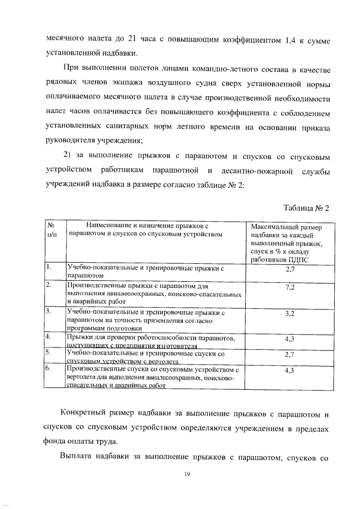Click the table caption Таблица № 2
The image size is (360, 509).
point(305,208)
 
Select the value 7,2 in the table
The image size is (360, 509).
point(290,287)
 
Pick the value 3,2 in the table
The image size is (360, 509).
point(290,313)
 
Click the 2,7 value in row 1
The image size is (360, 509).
point(290,270)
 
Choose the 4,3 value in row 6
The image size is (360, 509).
point(290,370)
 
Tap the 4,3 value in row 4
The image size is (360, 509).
point(290,339)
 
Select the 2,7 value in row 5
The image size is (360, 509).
point(290,354)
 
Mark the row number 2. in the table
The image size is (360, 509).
point(49,285)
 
